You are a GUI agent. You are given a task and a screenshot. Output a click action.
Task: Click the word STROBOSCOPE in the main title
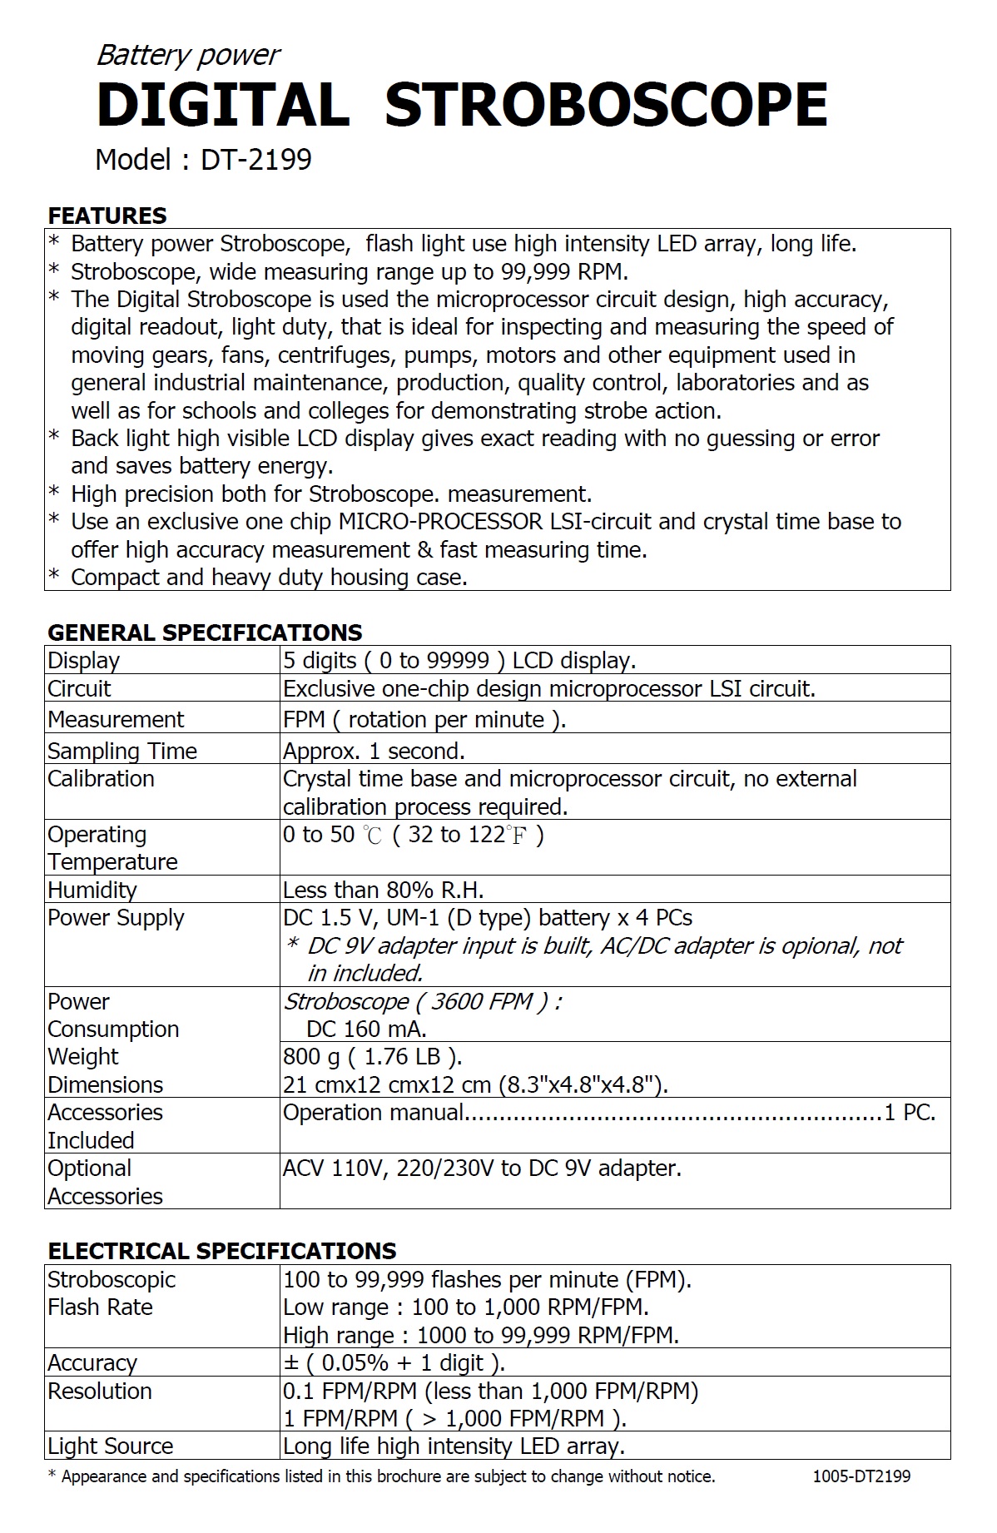tap(606, 105)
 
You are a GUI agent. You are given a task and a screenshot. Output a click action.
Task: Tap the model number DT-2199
tap(256, 159)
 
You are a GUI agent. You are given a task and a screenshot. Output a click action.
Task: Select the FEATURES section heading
tap(107, 216)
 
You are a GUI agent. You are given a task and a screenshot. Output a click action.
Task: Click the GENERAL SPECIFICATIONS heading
tap(205, 633)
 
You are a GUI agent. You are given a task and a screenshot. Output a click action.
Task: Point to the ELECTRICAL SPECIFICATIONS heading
tap(221, 1251)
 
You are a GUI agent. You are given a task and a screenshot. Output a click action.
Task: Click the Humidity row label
tap(92, 890)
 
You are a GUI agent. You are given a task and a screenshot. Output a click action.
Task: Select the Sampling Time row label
tap(122, 751)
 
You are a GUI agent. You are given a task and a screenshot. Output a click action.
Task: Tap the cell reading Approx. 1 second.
tap(374, 751)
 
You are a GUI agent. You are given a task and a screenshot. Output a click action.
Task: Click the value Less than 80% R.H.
tap(383, 890)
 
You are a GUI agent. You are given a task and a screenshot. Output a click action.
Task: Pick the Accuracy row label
tap(92, 1363)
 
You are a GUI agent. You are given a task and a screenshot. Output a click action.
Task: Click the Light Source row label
tap(110, 1446)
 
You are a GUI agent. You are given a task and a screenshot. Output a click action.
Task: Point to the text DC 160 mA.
tap(366, 1029)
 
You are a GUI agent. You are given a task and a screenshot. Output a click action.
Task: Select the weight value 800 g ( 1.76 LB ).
tap(372, 1057)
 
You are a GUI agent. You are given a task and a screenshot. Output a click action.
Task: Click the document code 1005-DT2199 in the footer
tap(861, 1476)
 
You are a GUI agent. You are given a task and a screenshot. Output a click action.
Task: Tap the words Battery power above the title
tap(188, 55)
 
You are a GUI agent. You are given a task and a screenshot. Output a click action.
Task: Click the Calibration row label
tap(101, 779)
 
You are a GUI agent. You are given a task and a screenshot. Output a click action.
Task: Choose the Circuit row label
tap(79, 689)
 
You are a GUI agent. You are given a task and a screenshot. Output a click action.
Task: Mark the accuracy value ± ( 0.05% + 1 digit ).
tap(394, 1363)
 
